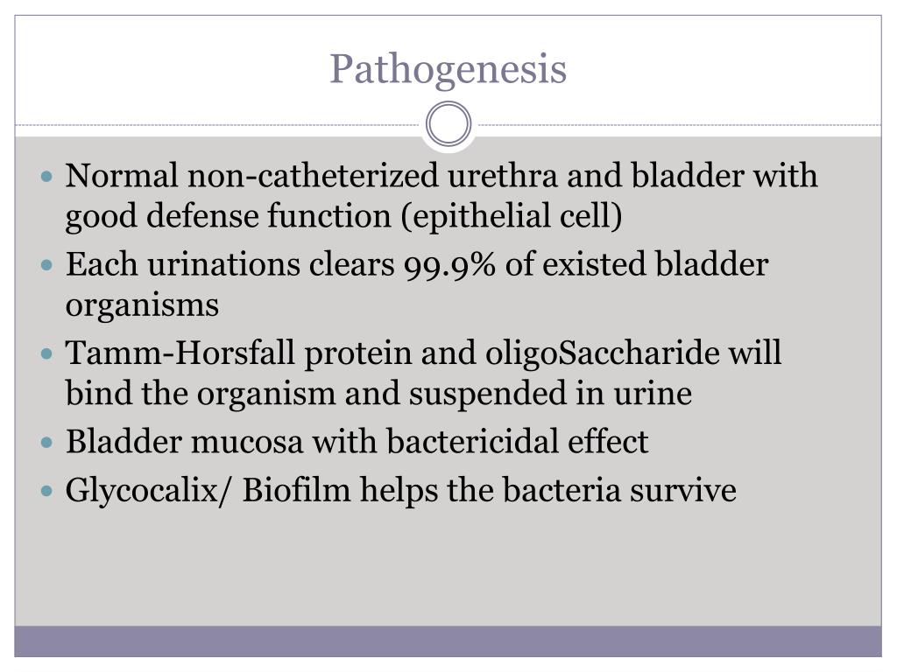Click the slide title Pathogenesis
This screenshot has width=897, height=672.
tap(448, 69)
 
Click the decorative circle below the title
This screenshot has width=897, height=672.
tap(448, 124)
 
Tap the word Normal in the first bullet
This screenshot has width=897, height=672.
tap(122, 176)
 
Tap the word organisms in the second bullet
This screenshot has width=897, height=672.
tap(142, 305)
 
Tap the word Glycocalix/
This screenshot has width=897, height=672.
tap(148, 490)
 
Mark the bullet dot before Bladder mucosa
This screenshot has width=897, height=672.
tap(47, 443)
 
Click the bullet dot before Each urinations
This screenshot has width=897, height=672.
tap(47, 265)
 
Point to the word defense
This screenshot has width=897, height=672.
tap(190, 216)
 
